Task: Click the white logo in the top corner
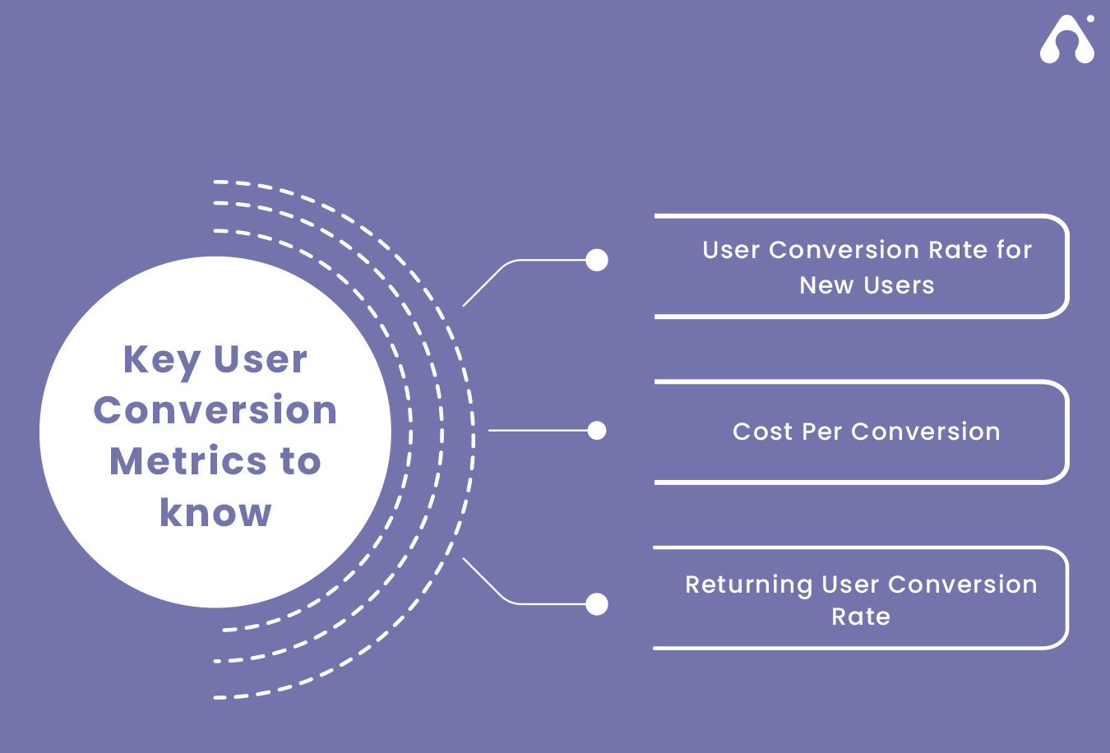tap(1067, 39)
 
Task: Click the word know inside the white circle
tap(215, 512)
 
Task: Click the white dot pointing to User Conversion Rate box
tap(597, 260)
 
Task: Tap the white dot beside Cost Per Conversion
tap(597, 431)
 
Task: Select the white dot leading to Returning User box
tap(597, 604)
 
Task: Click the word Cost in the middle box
tap(763, 432)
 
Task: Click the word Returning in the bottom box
tap(749, 585)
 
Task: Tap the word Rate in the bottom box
tap(861, 617)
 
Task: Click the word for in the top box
tap(1015, 250)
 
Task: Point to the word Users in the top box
tap(899, 285)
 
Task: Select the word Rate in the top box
tap(958, 250)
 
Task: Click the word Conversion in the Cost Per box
tap(926, 432)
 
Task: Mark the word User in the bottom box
tap(850, 584)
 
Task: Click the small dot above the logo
tap(1090, 19)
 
